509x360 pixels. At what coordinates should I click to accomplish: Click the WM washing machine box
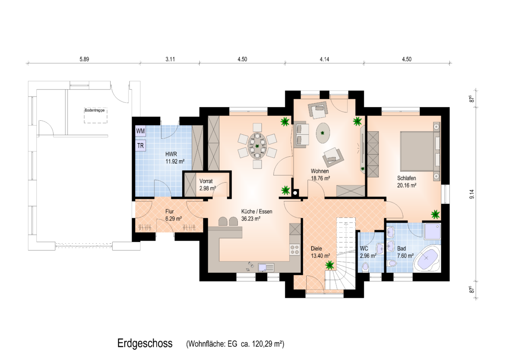(140, 131)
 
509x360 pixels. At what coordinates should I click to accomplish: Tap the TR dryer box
(140, 146)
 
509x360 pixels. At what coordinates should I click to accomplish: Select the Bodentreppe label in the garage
(94, 111)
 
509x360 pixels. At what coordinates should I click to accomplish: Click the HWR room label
(171, 155)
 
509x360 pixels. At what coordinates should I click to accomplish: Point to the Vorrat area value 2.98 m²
(208, 188)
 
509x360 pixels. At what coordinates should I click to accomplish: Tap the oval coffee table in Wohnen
(323, 133)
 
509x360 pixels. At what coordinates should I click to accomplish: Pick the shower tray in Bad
(432, 231)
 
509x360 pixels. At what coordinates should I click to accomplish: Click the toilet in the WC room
(365, 267)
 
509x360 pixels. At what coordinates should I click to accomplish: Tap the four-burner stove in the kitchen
(295, 249)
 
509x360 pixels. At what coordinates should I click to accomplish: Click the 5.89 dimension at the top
(84, 59)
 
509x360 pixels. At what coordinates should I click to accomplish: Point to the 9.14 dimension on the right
(472, 194)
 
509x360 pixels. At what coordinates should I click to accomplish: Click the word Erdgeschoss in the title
(145, 343)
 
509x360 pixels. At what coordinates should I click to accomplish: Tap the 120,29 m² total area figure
(268, 344)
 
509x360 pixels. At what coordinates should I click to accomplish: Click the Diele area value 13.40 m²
(320, 256)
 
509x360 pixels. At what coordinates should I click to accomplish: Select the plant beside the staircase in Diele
(330, 265)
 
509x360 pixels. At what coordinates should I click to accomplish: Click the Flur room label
(169, 212)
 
